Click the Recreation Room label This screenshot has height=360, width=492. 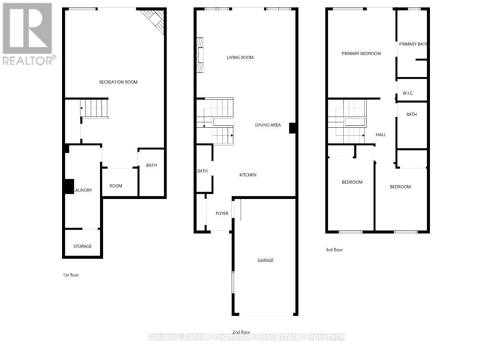(118, 82)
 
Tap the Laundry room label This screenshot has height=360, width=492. (83, 190)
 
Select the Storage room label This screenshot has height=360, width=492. (82, 246)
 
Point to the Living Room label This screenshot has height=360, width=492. (240, 58)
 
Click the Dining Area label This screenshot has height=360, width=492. (268, 125)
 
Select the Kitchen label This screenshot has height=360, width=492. (248, 175)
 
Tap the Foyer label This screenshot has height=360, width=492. (222, 214)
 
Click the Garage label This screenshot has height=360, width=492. (265, 260)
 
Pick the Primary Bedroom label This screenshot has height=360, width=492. (361, 54)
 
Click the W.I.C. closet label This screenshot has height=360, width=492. (408, 94)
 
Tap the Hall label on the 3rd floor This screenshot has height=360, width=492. (380, 135)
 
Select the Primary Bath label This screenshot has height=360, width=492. (413, 44)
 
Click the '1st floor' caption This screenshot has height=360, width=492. (71, 275)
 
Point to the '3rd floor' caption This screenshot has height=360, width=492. (334, 250)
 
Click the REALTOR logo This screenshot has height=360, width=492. (29, 34)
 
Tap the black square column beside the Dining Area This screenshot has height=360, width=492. (292, 128)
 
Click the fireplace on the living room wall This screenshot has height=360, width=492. (200, 55)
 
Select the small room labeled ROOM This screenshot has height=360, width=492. (116, 186)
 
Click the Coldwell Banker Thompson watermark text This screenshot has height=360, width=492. (246, 337)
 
